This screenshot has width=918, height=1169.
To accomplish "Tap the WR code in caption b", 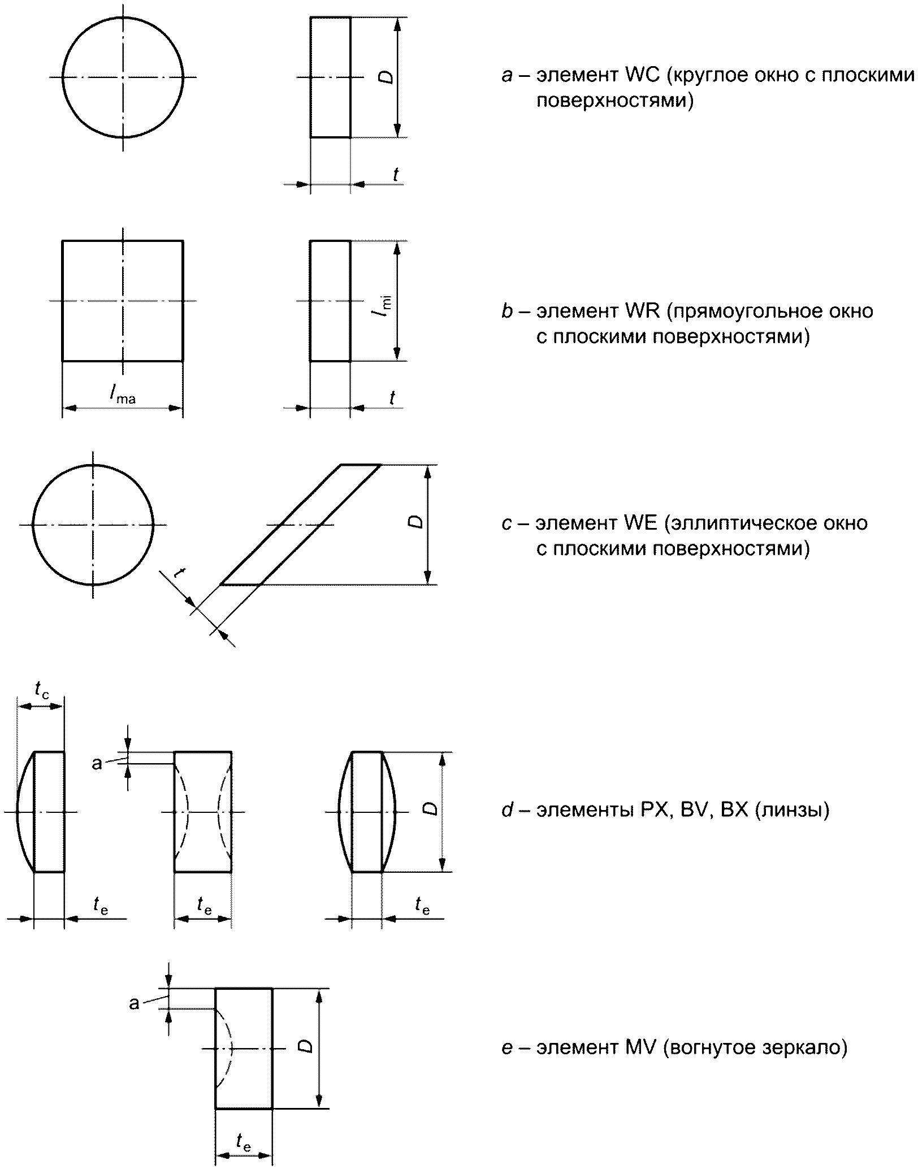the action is coord(642,311).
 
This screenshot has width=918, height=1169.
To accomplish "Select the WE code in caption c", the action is coord(640,523).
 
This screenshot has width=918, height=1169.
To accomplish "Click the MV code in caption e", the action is coord(640,1047).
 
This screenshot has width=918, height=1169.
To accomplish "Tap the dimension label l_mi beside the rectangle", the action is coord(386,306).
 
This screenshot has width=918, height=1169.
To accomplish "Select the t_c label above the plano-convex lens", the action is coord(41,690).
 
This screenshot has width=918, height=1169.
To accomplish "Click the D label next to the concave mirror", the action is coord(306,1046).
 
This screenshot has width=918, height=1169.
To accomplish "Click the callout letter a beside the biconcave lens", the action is coord(97,764).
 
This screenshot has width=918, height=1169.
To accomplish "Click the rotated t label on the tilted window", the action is coord(179,573).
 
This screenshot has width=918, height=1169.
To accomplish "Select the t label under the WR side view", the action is coord(392,397).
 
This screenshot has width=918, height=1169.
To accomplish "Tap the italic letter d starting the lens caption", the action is coord(506,810).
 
